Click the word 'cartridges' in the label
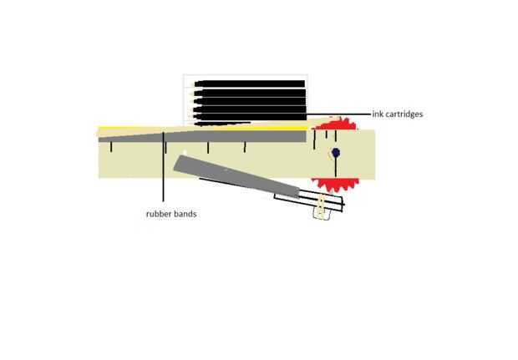[403, 114]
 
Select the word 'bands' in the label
[186, 214]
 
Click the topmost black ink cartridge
[251, 84]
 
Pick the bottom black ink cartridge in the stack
[251, 117]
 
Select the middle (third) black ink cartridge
[251, 100]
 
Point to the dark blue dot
[335, 153]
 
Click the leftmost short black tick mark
[111, 148]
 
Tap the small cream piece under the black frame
[321, 212]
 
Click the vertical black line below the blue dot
[335, 166]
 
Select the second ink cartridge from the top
[251, 92]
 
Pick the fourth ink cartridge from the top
[251, 109]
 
